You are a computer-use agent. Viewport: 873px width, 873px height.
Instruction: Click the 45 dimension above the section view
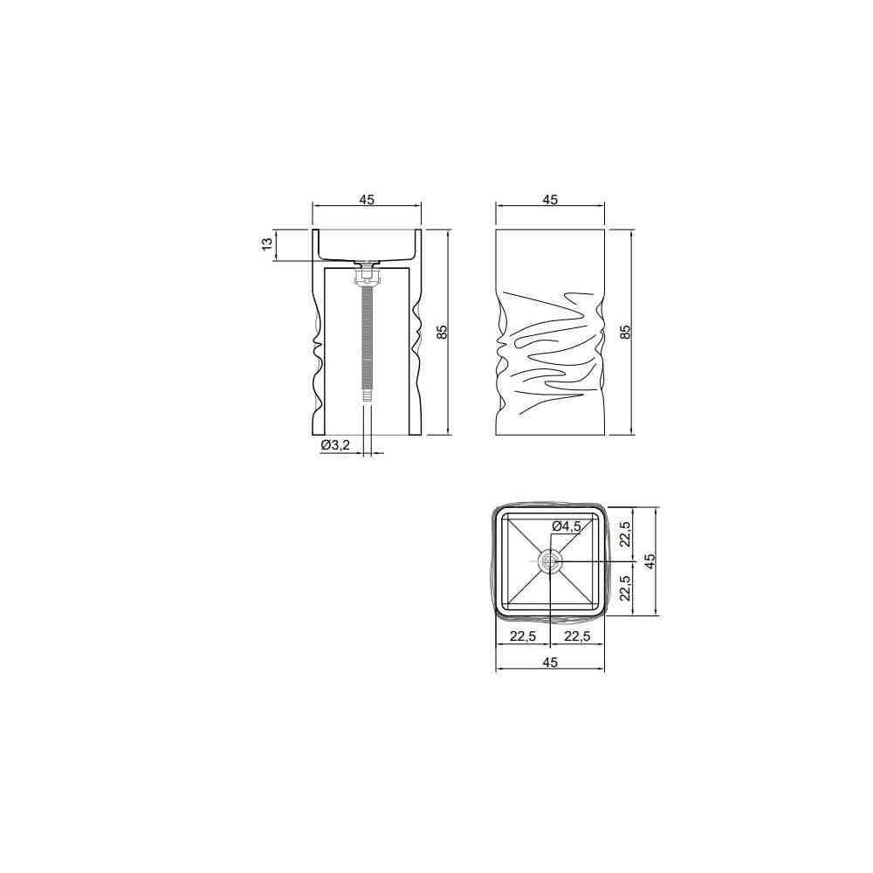pyautogui.click(x=367, y=199)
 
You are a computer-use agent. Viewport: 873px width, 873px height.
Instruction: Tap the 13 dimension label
pyautogui.click(x=268, y=244)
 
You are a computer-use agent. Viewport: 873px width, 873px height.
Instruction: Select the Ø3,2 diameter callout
pyautogui.click(x=335, y=444)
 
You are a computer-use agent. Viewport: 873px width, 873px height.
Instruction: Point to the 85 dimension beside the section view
pyautogui.click(x=442, y=332)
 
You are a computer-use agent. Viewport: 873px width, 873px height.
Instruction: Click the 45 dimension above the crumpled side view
pyautogui.click(x=550, y=199)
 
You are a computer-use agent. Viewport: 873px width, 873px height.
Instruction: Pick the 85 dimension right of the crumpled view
pyautogui.click(x=625, y=332)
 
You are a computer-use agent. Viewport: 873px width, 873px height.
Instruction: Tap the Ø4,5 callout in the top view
pyautogui.click(x=567, y=526)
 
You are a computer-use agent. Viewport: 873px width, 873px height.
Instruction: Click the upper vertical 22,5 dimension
pyautogui.click(x=626, y=533)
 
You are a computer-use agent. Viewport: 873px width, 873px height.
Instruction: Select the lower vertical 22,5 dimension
pyautogui.click(x=626, y=588)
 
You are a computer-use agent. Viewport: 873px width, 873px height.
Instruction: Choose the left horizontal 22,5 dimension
pyautogui.click(x=523, y=636)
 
